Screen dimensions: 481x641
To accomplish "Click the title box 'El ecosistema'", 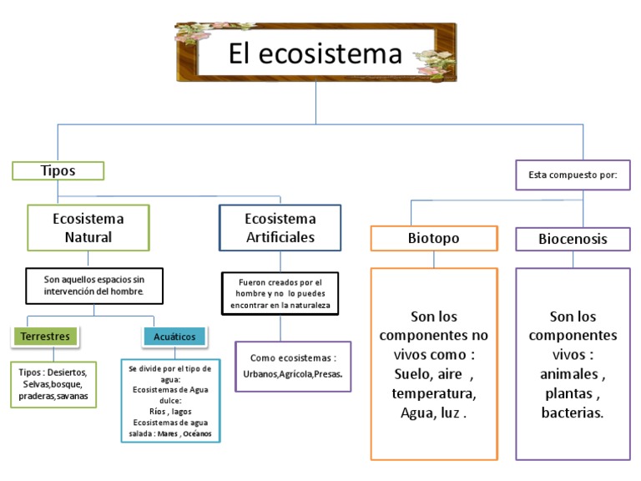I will pyautogui.click(x=315, y=54).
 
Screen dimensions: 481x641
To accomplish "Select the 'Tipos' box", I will pyautogui.click(x=58, y=170).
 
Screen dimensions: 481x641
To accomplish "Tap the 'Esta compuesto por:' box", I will pyautogui.click(x=573, y=175).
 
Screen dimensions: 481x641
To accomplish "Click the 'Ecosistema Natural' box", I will pyautogui.click(x=88, y=227).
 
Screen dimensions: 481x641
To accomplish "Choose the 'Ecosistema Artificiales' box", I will pyautogui.click(x=280, y=227).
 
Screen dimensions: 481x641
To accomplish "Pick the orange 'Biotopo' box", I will pyautogui.click(x=433, y=239).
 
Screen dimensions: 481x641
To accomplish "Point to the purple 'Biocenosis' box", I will pyautogui.click(x=572, y=240).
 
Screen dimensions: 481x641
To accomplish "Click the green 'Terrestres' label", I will pyautogui.click(x=45, y=336).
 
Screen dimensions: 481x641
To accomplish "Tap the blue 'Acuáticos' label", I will pyautogui.click(x=174, y=336).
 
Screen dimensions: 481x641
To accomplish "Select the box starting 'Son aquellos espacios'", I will pyautogui.click(x=93, y=286).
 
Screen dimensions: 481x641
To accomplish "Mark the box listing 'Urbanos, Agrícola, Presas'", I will pyautogui.click(x=292, y=367).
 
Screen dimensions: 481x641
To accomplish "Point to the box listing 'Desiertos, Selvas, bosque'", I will pyautogui.click(x=53, y=384).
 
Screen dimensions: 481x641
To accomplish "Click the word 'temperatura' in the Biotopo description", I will pyautogui.click(x=433, y=392).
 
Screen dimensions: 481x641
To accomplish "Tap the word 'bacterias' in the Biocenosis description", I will pyautogui.click(x=573, y=413).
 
